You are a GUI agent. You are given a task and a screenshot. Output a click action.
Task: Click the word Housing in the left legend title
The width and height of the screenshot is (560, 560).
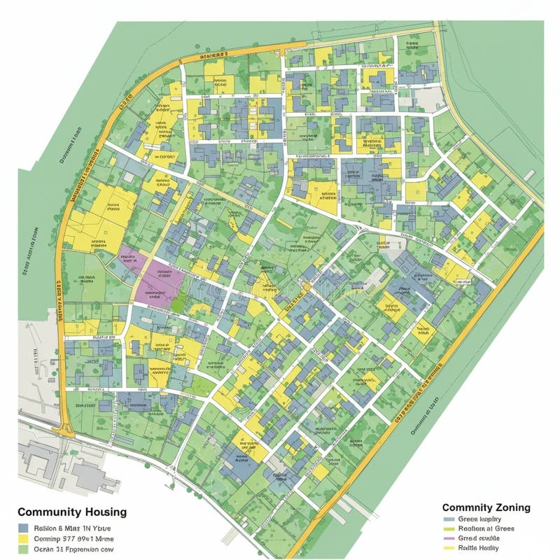click(x=102, y=512)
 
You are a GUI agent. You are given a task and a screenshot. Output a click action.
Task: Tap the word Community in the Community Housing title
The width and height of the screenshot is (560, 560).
click(x=47, y=512)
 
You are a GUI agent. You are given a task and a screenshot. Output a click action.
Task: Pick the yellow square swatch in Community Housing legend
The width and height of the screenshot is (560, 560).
click(x=23, y=539)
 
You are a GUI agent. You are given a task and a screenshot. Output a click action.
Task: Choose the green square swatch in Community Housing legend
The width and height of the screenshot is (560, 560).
click(x=23, y=549)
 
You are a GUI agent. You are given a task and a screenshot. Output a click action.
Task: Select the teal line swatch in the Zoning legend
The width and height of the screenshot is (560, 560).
click(x=449, y=519)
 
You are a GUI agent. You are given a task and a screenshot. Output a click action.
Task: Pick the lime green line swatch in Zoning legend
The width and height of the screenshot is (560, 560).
click(x=449, y=529)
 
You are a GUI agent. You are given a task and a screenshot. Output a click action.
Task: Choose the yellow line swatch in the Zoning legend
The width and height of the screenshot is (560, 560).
click(x=449, y=548)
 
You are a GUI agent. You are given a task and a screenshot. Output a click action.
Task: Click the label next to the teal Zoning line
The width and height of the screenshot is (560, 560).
click(x=479, y=519)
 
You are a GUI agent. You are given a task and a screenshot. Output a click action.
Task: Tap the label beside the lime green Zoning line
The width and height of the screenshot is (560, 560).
click(x=486, y=529)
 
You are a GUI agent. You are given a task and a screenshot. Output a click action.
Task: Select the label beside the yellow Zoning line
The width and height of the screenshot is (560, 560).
click(x=479, y=548)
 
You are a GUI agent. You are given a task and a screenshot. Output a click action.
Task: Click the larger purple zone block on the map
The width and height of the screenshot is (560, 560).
click(x=162, y=284)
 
